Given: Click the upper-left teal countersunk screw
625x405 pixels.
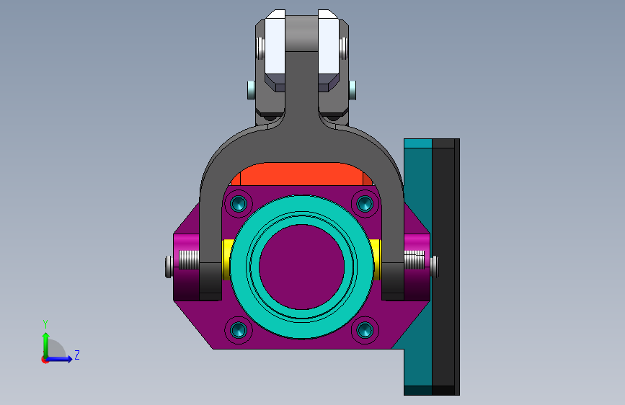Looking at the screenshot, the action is [x=239, y=204].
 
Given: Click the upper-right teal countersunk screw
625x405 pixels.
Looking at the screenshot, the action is [x=365, y=204].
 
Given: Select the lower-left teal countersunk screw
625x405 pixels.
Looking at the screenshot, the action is [x=239, y=330].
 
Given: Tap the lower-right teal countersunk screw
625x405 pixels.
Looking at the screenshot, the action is [x=365, y=330].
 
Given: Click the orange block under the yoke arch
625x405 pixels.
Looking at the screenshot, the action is [x=302, y=174].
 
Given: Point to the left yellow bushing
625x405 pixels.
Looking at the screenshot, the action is [x=227, y=259].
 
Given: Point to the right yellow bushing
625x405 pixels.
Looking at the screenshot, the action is [x=375, y=259].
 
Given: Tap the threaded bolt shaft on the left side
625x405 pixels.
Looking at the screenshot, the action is [x=189, y=259].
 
